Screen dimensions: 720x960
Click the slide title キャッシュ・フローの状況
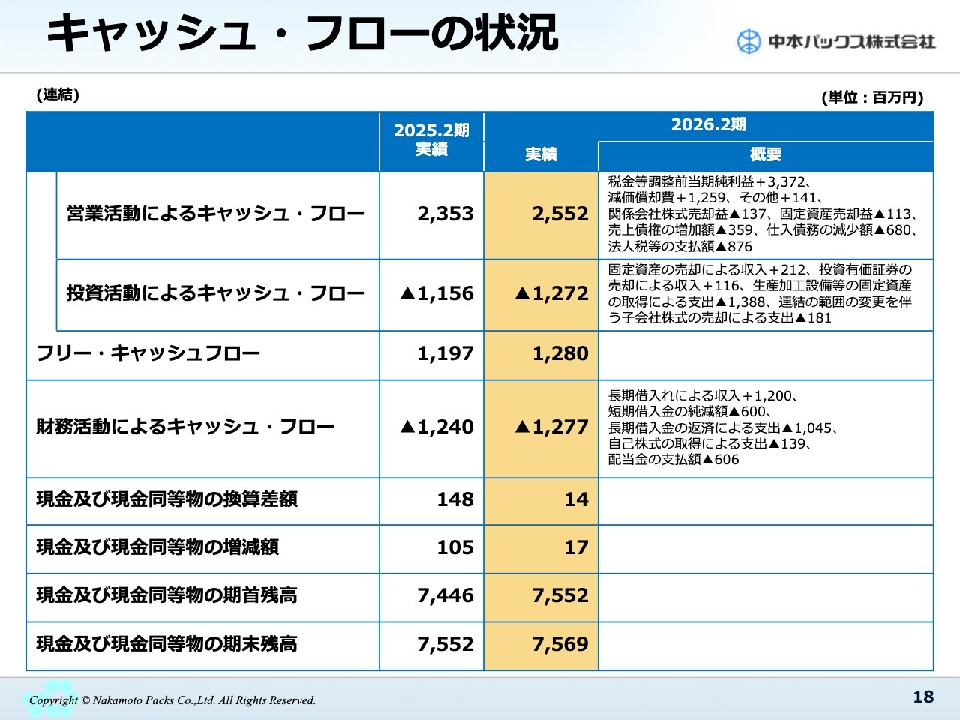tap(301, 34)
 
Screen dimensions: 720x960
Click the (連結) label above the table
tap(58, 94)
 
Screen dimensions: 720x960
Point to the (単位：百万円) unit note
tap(872, 97)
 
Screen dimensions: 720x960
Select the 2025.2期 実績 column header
tap(431, 140)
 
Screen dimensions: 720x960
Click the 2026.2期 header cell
tap(708, 125)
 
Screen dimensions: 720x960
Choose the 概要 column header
tap(765, 154)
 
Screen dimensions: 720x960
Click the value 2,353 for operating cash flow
tap(445, 214)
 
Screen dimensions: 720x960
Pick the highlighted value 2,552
tap(559, 214)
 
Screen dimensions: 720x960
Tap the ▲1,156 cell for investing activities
tap(437, 294)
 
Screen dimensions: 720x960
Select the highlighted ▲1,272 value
tap(551, 294)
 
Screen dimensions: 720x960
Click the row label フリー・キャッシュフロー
tap(148, 353)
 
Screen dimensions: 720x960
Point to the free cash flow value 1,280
tap(559, 353)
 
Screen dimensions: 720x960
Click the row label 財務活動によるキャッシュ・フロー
tap(185, 427)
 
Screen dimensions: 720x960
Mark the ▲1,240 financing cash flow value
tap(437, 427)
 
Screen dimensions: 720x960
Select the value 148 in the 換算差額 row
tap(455, 500)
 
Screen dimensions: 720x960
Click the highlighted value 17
tap(575, 548)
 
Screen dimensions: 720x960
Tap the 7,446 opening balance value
tap(445, 596)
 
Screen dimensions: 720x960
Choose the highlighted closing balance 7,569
tap(559, 644)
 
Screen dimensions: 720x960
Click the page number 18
tap(923, 697)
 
